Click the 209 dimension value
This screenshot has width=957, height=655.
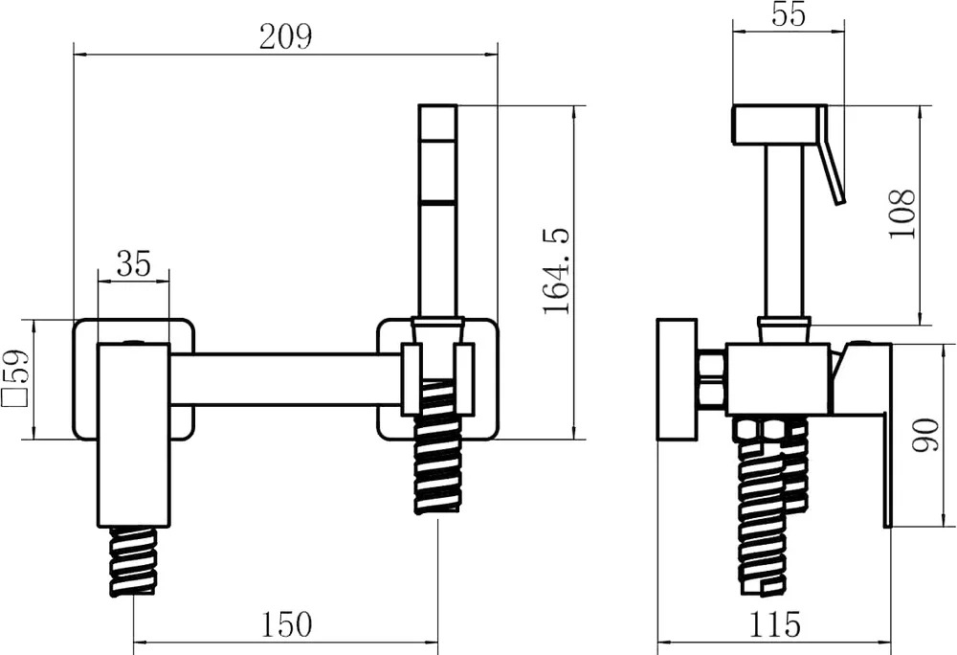pos(285,37)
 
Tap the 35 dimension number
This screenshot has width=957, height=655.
pos(134,263)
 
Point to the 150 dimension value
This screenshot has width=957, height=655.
pos(285,623)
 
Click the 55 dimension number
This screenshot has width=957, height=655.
pos(789,14)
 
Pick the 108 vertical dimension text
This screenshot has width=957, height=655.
pos(903,215)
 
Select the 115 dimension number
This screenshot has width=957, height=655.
pos(774,623)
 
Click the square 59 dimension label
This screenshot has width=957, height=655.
pos(16,378)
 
